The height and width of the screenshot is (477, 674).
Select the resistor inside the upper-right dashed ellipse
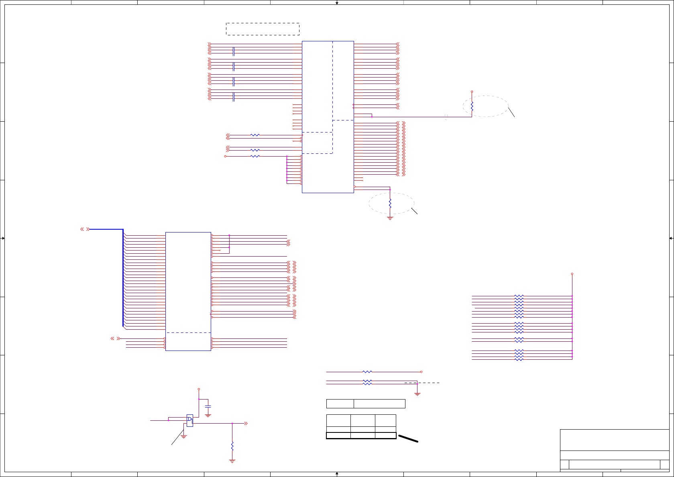[472, 106]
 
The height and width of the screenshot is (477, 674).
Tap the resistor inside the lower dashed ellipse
[390, 204]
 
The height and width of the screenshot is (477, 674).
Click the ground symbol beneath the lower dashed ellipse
[390, 218]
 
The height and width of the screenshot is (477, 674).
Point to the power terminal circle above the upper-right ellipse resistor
[472, 92]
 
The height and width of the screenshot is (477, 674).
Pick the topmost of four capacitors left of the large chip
[234, 51]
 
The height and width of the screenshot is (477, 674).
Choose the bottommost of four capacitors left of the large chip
[234, 97]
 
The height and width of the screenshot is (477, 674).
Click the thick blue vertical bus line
[123, 277]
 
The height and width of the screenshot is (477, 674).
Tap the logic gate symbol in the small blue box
[189, 420]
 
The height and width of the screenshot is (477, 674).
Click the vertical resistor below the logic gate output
[232, 446]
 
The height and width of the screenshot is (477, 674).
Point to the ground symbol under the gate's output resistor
[232, 461]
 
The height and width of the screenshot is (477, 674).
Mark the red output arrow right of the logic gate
[246, 423]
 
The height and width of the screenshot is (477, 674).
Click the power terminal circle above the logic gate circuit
[199, 389]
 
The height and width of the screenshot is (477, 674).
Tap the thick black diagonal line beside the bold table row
[408, 438]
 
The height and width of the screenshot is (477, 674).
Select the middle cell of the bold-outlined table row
[363, 435]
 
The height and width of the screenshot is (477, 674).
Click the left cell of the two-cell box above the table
[340, 404]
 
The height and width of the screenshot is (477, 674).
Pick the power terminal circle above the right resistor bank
[572, 274]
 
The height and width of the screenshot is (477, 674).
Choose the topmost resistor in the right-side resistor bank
[519, 296]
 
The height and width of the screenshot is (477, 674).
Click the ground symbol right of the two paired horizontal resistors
[417, 394]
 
